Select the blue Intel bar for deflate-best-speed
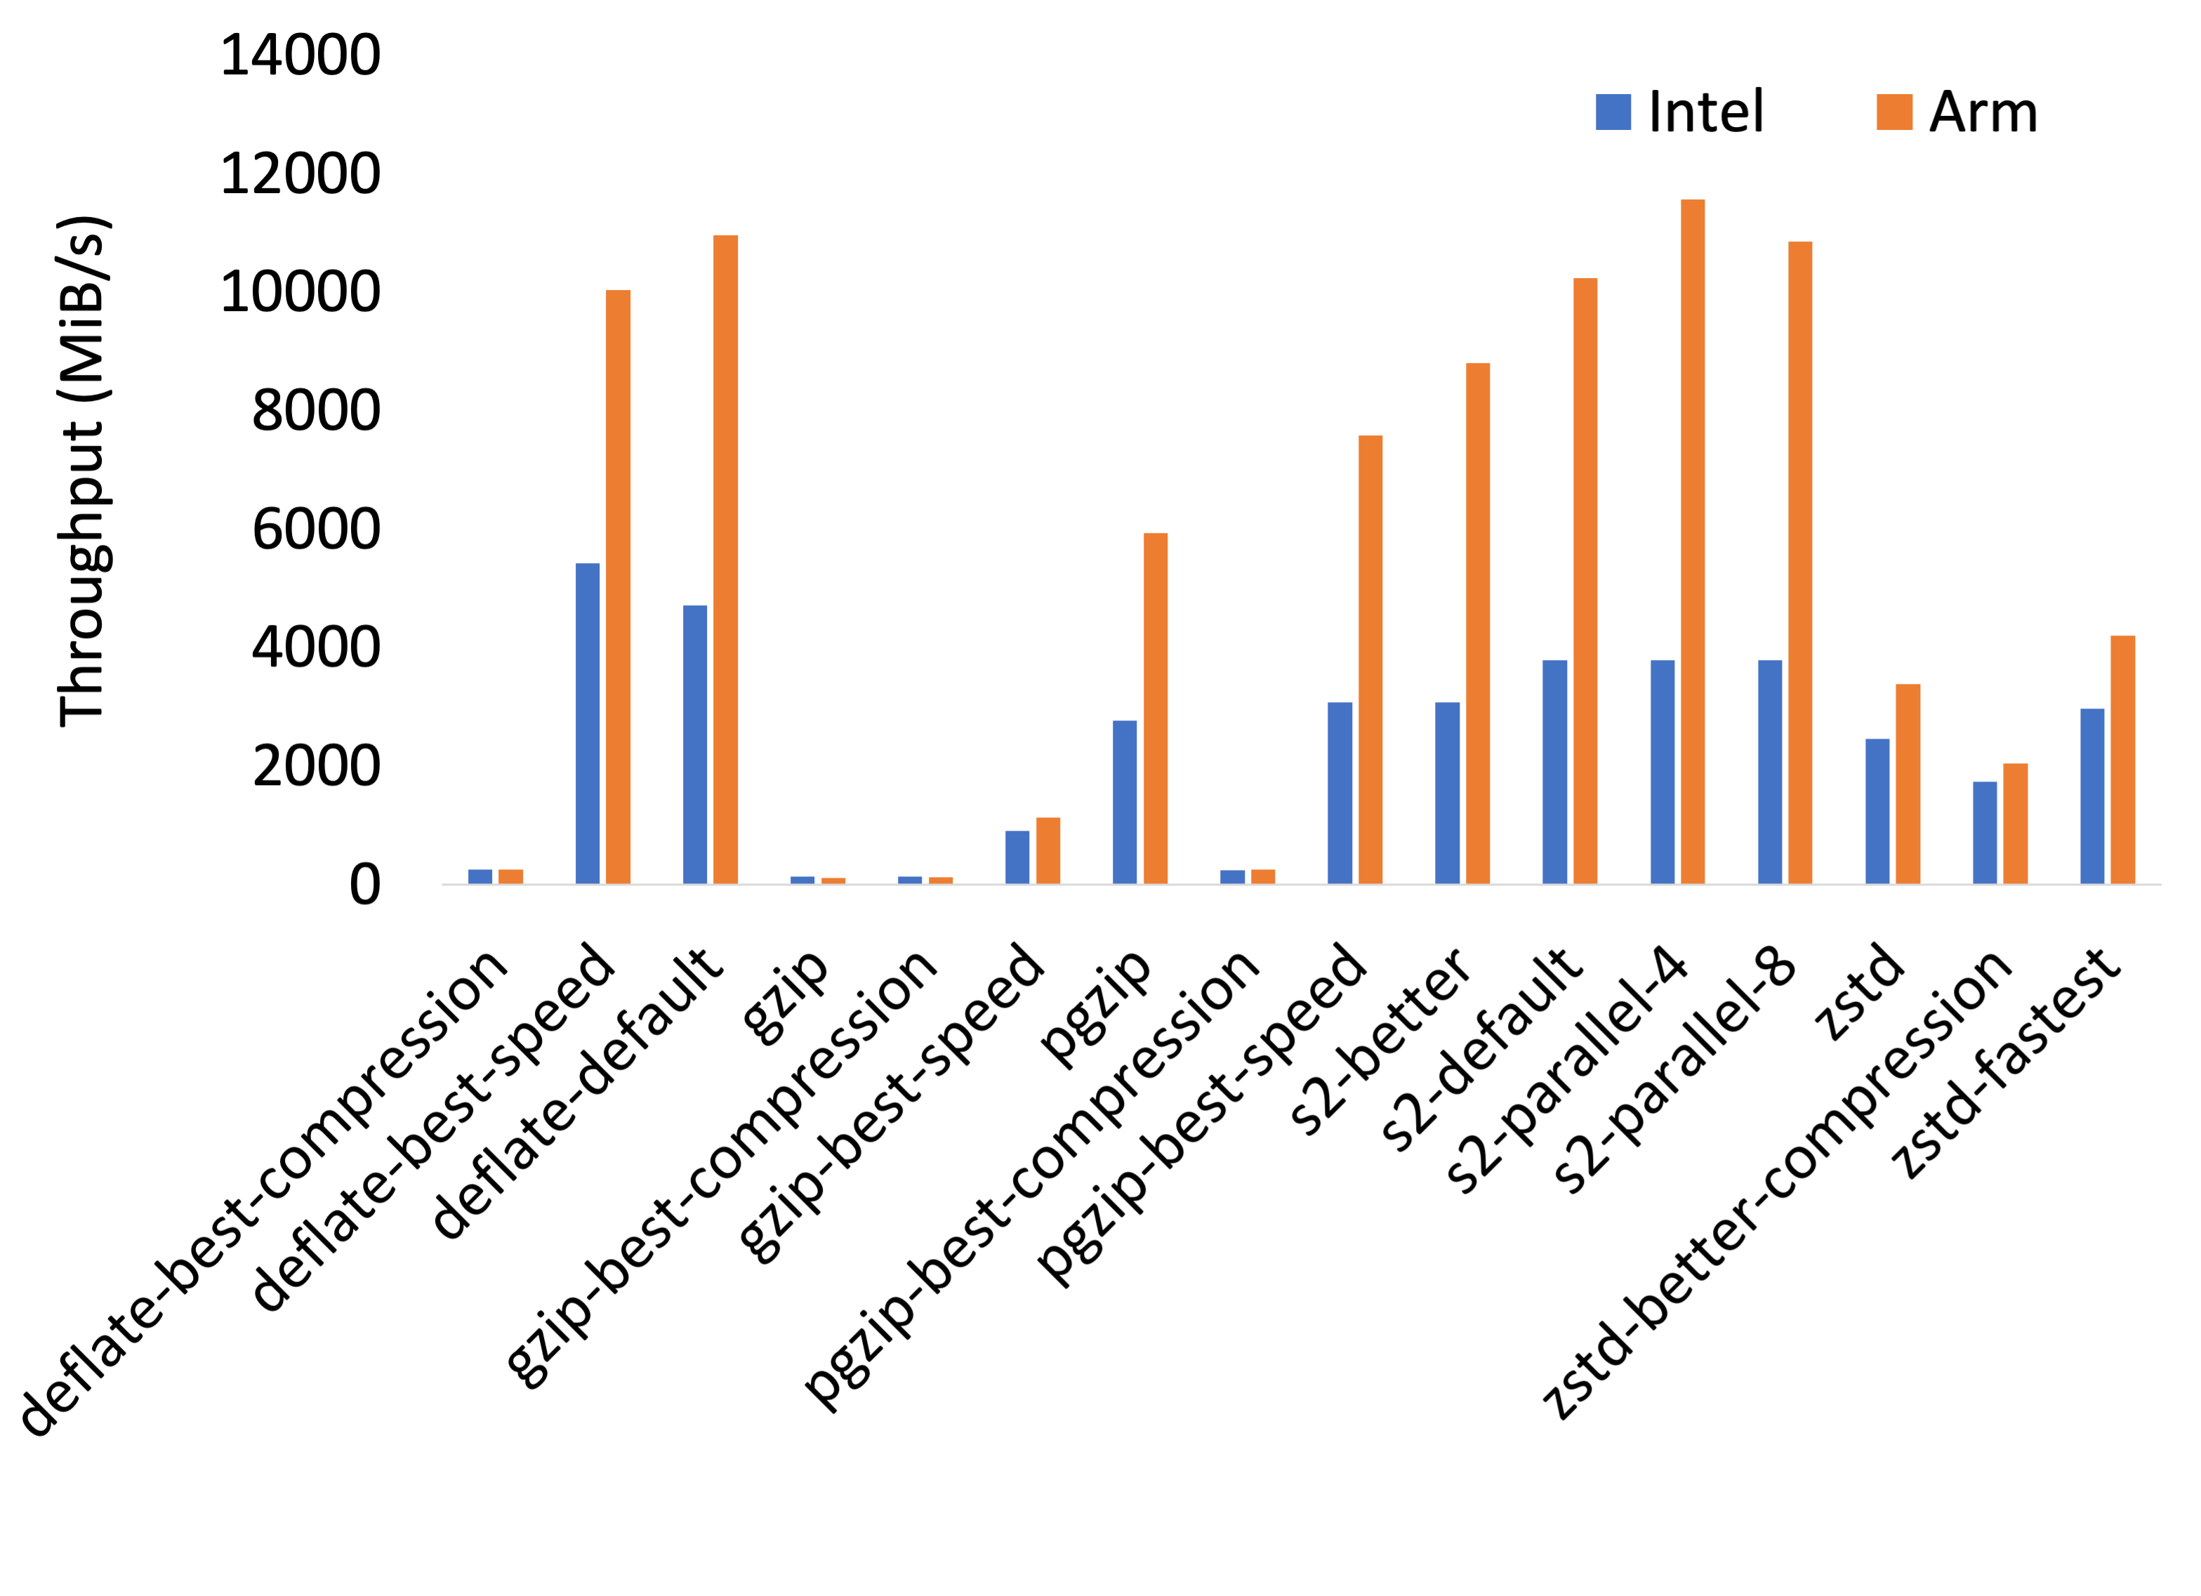coord(587,723)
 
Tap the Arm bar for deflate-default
coord(725,559)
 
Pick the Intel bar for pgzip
coord(1125,802)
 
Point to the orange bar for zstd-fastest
coord(2122,759)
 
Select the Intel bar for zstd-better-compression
coord(1985,832)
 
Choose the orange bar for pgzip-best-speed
coord(1370,659)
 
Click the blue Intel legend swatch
coord(1613,112)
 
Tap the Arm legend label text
coord(1983,112)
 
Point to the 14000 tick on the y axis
coord(300,54)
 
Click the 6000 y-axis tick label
coord(315,529)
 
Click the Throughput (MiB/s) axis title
coord(84,471)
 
